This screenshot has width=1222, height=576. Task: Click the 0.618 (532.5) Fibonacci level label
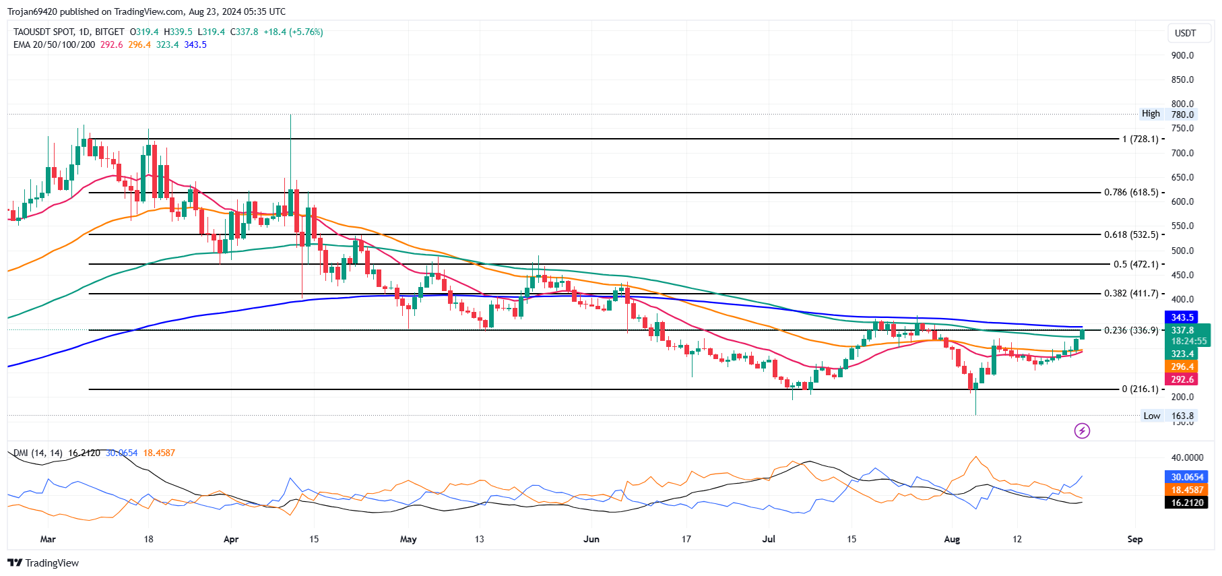1131,234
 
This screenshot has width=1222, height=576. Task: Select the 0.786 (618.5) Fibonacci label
1131,193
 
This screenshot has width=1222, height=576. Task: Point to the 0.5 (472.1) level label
1136,264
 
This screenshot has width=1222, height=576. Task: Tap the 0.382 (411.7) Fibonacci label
1131,294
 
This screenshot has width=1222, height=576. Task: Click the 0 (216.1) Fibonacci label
1140,389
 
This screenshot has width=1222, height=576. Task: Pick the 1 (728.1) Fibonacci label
1140,139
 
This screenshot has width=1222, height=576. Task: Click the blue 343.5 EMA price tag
1182,317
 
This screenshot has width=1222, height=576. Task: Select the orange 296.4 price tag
1182,367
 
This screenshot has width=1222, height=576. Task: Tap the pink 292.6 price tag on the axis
1182,379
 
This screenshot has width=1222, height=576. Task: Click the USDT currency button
1185,33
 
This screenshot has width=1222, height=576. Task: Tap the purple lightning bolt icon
1082,430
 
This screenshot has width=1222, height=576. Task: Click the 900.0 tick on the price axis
1182,55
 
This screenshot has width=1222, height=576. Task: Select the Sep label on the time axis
1134,539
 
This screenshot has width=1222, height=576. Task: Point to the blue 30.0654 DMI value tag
1186,477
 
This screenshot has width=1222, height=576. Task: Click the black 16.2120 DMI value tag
1186,503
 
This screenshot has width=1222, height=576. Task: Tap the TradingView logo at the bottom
44,563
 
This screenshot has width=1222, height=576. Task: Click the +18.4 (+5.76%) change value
293,32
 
